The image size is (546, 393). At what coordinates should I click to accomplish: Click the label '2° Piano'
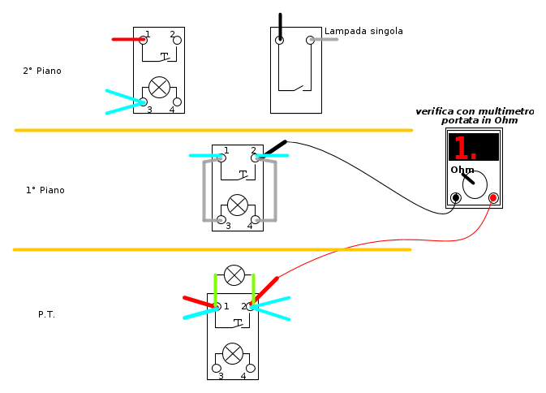point(42,71)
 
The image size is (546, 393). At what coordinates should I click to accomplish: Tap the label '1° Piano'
point(45,191)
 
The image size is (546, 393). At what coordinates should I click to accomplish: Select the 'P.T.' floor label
point(46,314)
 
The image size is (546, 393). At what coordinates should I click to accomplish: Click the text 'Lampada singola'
point(363,32)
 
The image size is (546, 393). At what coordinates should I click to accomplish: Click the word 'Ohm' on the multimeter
point(462,170)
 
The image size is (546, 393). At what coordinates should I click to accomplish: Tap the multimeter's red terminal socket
point(492,197)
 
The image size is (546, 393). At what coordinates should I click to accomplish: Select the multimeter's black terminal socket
point(456,197)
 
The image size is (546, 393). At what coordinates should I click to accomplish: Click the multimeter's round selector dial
point(475,184)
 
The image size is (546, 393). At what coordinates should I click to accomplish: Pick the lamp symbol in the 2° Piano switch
point(159,87)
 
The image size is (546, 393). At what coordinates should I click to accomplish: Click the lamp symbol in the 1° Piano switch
point(238,205)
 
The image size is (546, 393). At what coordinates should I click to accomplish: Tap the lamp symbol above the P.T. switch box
point(234,275)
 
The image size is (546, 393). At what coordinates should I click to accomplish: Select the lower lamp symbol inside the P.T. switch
point(233,353)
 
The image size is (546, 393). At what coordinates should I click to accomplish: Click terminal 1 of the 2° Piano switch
point(144,39)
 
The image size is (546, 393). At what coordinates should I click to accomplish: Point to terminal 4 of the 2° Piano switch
point(177,102)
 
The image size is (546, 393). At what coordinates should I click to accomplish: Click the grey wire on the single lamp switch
point(325,39)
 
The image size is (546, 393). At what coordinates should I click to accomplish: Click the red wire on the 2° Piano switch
point(127,39)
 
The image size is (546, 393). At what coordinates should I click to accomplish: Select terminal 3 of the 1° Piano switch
point(221,219)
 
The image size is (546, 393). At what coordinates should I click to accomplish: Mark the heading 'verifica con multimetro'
point(475,111)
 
